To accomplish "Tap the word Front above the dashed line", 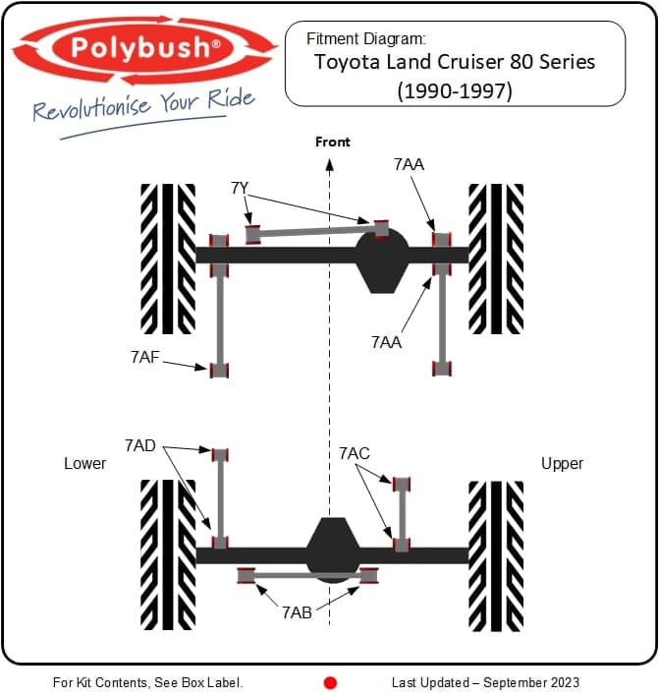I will pyautogui.click(x=332, y=143).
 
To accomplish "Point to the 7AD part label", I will pyautogui.click(x=139, y=445).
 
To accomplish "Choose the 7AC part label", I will pyautogui.click(x=355, y=453).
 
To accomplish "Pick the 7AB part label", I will pyautogui.click(x=298, y=611).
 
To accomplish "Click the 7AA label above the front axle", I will pyautogui.click(x=409, y=164).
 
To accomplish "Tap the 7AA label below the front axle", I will pyautogui.click(x=386, y=341).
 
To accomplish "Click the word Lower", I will pyautogui.click(x=84, y=463).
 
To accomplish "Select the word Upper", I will pyautogui.click(x=562, y=463).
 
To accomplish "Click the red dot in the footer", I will pyautogui.click(x=330, y=682).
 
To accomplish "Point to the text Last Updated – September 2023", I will pyautogui.click(x=485, y=682).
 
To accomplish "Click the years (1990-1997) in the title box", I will pyautogui.click(x=454, y=90).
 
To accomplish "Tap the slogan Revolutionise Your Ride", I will pyautogui.click(x=142, y=105).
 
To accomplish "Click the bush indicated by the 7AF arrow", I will pyautogui.click(x=219, y=370).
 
